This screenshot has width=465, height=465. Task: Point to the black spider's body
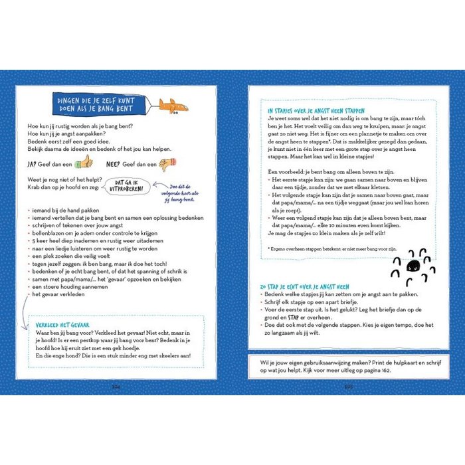click(x=413, y=266)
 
